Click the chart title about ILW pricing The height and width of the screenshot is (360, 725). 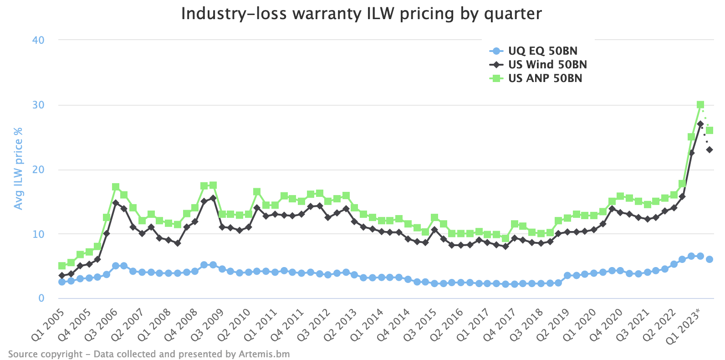(x=362, y=14)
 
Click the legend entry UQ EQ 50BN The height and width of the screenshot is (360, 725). (x=542, y=51)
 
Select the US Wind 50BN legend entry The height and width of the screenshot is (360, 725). (x=547, y=65)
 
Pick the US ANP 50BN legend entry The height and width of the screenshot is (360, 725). (x=545, y=78)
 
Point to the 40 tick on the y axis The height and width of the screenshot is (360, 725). (x=38, y=40)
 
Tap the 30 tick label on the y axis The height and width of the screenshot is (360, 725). (x=38, y=105)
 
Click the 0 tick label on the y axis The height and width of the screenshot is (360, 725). (x=41, y=298)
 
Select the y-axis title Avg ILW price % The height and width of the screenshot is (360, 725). (x=18, y=169)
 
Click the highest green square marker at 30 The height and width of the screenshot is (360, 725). (x=700, y=105)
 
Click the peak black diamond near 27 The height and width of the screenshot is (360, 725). (x=700, y=124)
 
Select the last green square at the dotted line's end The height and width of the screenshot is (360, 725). (x=710, y=130)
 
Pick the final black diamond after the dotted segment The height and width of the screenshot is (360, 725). (x=710, y=150)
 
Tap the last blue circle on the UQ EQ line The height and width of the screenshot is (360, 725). (x=710, y=259)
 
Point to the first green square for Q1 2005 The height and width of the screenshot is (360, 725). (x=62, y=266)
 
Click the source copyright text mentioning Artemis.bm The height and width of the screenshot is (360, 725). (x=149, y=354)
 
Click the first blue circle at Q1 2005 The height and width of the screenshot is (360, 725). (x=62, y=282)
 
